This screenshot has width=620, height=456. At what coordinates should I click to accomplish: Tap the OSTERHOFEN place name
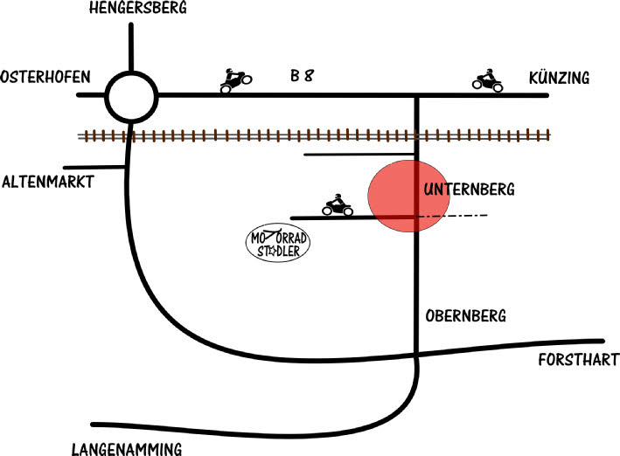45,77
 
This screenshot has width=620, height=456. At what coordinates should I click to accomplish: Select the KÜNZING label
559,79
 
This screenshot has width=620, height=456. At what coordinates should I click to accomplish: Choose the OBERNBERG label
467,315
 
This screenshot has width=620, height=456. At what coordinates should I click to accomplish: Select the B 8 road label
303,76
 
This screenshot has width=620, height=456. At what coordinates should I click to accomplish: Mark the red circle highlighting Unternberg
402,197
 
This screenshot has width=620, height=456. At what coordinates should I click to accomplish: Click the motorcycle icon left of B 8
235,81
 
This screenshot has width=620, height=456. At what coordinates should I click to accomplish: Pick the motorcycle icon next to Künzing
487,81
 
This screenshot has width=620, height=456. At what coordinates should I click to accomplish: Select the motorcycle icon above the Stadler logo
337,206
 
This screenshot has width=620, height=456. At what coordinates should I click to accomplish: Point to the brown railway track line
315,135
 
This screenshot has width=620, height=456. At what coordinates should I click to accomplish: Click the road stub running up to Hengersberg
131,48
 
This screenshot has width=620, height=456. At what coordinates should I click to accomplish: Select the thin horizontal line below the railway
359,155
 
